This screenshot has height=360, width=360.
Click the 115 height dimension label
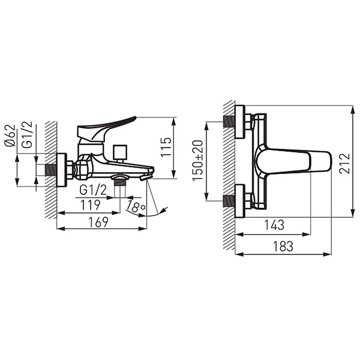(x=166, y=147)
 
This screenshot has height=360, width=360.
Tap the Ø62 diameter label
(x=10, y=136)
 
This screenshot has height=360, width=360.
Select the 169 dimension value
(x=98, y=222)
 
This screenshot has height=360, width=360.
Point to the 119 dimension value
(x=91, y=205)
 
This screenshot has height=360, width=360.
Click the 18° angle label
(x=136, y=206)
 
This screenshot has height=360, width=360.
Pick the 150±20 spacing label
(x=197, y=160)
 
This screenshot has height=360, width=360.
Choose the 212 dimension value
(x=344, y=163)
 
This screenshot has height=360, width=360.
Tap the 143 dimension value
(x=274, y=225)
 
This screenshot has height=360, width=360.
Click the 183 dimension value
(x=283, y=246)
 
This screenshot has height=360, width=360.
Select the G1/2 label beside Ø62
(x=27, y=136)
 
